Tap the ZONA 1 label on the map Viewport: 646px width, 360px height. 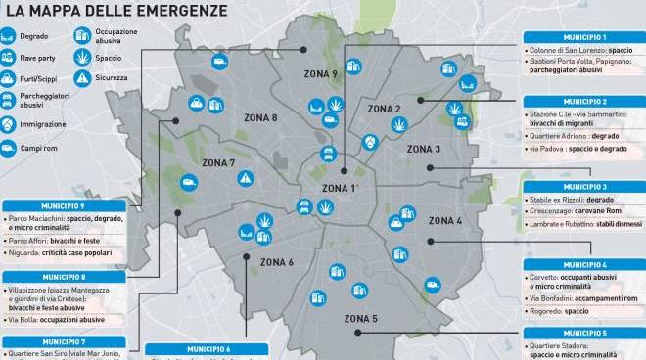tap(340, 188)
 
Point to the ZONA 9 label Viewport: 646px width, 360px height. tap(320, 74)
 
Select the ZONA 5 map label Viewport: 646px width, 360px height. tap(360, 319)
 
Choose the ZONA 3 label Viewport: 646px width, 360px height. tap(423, 149)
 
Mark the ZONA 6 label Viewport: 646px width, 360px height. tap(277, 262)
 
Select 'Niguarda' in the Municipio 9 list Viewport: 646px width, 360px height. tap(27, 252)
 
